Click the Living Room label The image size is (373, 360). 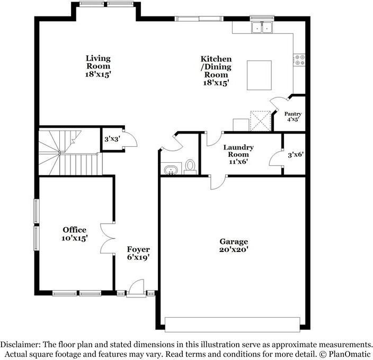point(98,66)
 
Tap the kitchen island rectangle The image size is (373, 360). point(259,75)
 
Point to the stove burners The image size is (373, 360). point(299,60)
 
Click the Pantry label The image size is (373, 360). point(293,117)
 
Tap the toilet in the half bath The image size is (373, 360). point(190,166)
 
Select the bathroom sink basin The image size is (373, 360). point(171,170)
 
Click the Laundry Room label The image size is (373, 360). point(238,154)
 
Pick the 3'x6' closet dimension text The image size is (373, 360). point(296,155)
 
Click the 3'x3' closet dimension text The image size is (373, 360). point(112,139)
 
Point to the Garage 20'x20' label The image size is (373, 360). point(234,245)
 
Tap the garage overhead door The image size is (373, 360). point(233,324)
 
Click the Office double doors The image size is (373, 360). point(108,239)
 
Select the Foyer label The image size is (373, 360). point(138,253)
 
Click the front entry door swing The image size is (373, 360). point(136,287)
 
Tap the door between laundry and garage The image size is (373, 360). point(218,182)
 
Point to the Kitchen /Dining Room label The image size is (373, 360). point(216,71)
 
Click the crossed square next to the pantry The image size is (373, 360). point(260,121)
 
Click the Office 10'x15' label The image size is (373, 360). point(75,234)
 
